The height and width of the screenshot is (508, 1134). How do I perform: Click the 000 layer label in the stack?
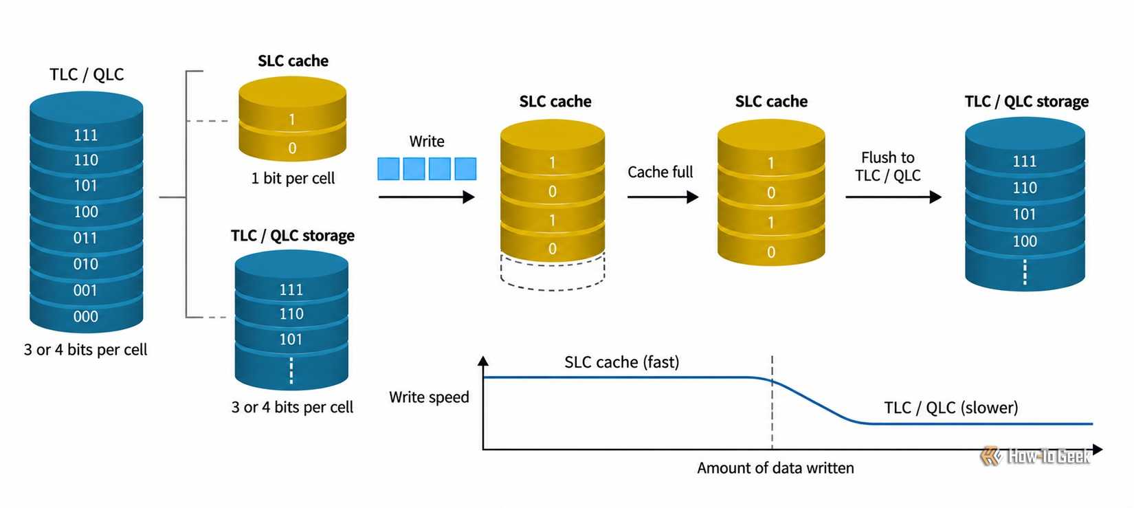[85, 316]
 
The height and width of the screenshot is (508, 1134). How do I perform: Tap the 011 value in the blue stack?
[85, 238]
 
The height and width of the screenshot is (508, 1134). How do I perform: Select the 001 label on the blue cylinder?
[85, 290]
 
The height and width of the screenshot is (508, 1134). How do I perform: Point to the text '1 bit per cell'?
[293, 178]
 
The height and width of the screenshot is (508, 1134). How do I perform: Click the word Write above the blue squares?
[427, 142]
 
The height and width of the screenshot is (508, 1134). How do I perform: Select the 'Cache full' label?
[660, 173]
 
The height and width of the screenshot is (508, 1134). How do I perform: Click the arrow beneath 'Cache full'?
[663, 197]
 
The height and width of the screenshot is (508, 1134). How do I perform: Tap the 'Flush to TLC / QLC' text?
[888, 166]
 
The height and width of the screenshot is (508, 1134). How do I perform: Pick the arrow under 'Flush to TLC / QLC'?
[893, 197]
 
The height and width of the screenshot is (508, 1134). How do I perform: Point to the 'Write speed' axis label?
[429, 397]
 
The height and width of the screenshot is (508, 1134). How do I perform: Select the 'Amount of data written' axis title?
[775, 468]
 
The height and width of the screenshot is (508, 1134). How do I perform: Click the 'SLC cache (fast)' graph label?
[622, 362]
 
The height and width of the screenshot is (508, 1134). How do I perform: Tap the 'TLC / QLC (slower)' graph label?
[950, 408]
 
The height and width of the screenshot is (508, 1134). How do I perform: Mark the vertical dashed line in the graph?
[772, 403]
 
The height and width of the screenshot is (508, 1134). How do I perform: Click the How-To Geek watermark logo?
[1035, 456]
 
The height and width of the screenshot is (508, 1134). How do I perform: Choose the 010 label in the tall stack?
[85, 264]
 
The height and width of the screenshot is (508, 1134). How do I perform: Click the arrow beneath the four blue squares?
[427, 197]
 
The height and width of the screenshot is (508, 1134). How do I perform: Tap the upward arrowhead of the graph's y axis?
[483, 361]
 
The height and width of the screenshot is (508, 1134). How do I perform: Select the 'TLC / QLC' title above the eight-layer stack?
[87, 74]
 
